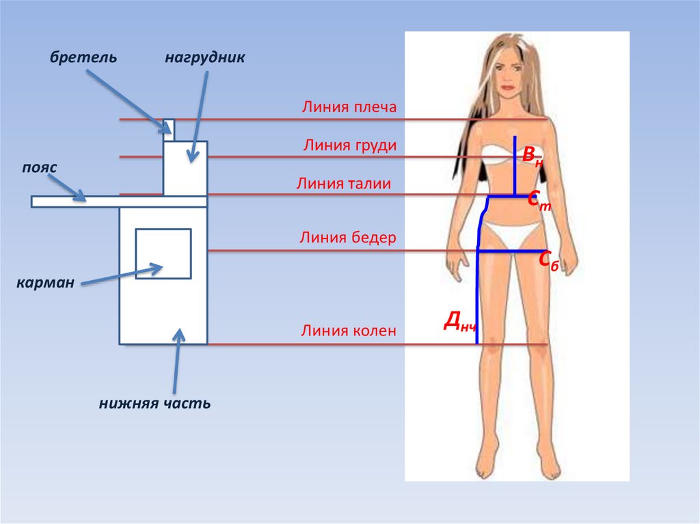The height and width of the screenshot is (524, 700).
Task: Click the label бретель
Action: coord(82,57)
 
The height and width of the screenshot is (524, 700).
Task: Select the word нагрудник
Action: coord(204,57)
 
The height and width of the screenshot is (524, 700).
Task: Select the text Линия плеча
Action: coord(349,107)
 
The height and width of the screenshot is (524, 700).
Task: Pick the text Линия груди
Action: coord(350,146)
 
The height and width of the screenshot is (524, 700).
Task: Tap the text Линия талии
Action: coord(344,183)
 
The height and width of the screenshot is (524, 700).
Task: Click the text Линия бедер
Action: coord(348,238)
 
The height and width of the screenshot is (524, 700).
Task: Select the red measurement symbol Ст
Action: coord(539,200)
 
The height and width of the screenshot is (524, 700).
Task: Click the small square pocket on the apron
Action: coord(163,253)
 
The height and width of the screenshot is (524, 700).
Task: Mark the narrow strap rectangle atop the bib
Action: coord(168,128)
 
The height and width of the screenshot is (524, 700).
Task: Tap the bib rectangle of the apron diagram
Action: coord(185,167)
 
